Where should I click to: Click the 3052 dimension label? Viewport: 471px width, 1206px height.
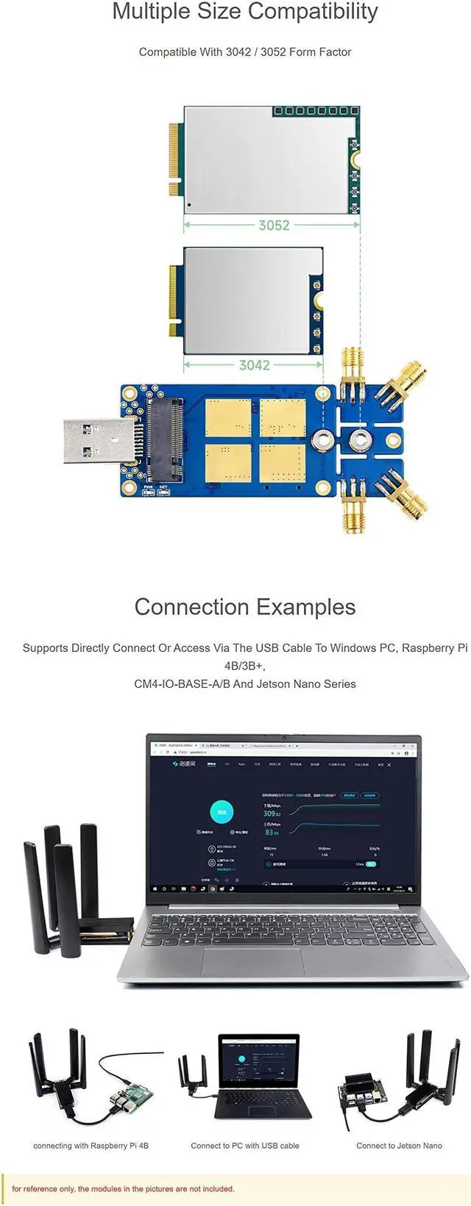274,226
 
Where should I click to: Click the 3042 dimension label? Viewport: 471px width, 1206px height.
254,365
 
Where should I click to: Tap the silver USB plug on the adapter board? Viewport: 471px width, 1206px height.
97,440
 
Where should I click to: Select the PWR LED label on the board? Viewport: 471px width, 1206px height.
147,487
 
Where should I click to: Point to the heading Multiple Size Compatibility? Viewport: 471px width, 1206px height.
245,12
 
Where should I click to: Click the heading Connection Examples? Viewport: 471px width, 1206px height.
245,607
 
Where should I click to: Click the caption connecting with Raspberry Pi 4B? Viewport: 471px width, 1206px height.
91,1146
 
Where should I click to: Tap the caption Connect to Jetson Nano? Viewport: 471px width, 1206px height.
399,1146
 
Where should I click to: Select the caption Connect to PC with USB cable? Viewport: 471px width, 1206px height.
245,1146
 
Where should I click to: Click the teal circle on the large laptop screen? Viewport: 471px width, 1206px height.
222,812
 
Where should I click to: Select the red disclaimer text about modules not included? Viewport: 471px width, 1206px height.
123,1188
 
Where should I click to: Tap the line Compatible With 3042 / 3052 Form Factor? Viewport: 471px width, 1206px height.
245,52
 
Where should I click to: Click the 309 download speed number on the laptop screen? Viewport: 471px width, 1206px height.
269,813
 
